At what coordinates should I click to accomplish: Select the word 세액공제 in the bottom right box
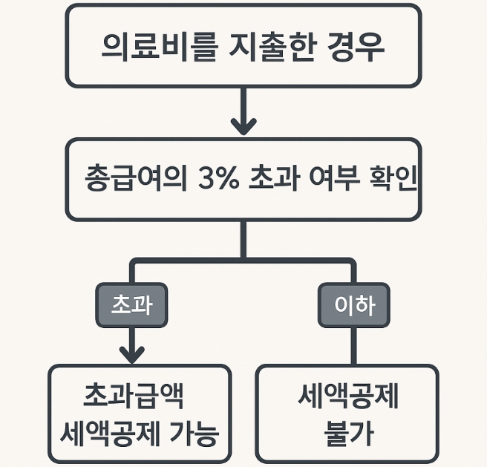tap(347, 399)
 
